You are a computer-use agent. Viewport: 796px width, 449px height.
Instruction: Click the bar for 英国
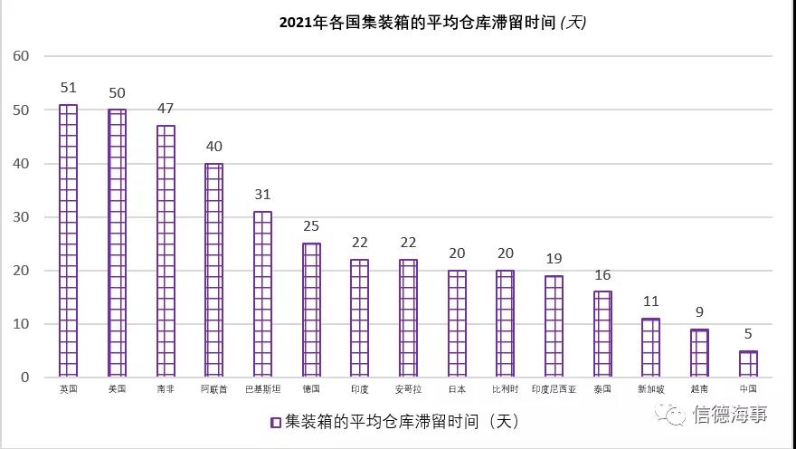tap(69, 241)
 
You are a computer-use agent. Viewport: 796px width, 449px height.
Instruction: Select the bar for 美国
tap(118, 244)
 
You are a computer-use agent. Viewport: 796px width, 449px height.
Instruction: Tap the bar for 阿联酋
tap(214, 270)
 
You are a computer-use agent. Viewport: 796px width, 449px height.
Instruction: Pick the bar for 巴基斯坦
tap(262, 294)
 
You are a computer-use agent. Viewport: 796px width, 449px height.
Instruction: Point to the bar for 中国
tap(748, 364)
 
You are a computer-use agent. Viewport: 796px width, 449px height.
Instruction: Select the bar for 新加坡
tap(650, 348)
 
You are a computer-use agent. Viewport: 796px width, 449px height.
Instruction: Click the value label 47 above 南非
tap(165, 109)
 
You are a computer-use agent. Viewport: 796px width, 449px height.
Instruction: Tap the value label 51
tap(69, 88)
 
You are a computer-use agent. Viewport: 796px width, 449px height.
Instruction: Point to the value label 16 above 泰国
tap(602, 275)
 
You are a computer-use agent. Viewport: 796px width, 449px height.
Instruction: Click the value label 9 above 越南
tap(699, 312)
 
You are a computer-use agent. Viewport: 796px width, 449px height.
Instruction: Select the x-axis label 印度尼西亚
tap(554, 389)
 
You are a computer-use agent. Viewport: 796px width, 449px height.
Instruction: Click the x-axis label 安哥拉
tap(408, 389)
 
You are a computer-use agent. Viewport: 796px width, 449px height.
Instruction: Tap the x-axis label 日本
tap(457, 389)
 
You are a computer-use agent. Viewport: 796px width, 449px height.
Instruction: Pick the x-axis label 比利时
tap(505, 389)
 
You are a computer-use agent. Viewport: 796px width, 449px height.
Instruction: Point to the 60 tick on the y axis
tap(22, 56)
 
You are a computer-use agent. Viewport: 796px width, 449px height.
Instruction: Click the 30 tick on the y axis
tap(22, 217)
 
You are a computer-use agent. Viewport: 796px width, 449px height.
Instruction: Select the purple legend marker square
tap(275, 422)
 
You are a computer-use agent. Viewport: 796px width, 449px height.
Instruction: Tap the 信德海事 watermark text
tap(729, 416)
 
